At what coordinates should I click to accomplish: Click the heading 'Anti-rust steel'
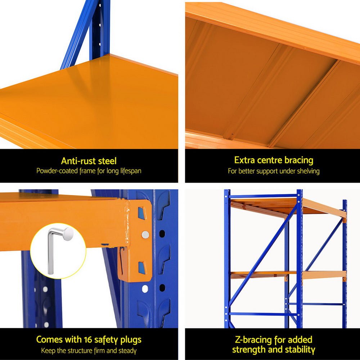tap(89, 161)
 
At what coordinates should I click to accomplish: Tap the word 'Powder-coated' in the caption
tap(57, 171)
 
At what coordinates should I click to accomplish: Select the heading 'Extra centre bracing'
tap(274, 160)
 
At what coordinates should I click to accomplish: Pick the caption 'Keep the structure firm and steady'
tap(89, 350)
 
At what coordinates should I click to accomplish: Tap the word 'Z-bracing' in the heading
tap(252, 339)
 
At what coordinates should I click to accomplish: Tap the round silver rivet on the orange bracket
tap(145, 235)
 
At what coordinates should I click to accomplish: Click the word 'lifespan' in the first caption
tap(128, 171)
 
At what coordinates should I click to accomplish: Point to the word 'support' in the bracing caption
tap(266, 171)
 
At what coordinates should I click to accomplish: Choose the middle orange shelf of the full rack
tap(288, 275)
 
